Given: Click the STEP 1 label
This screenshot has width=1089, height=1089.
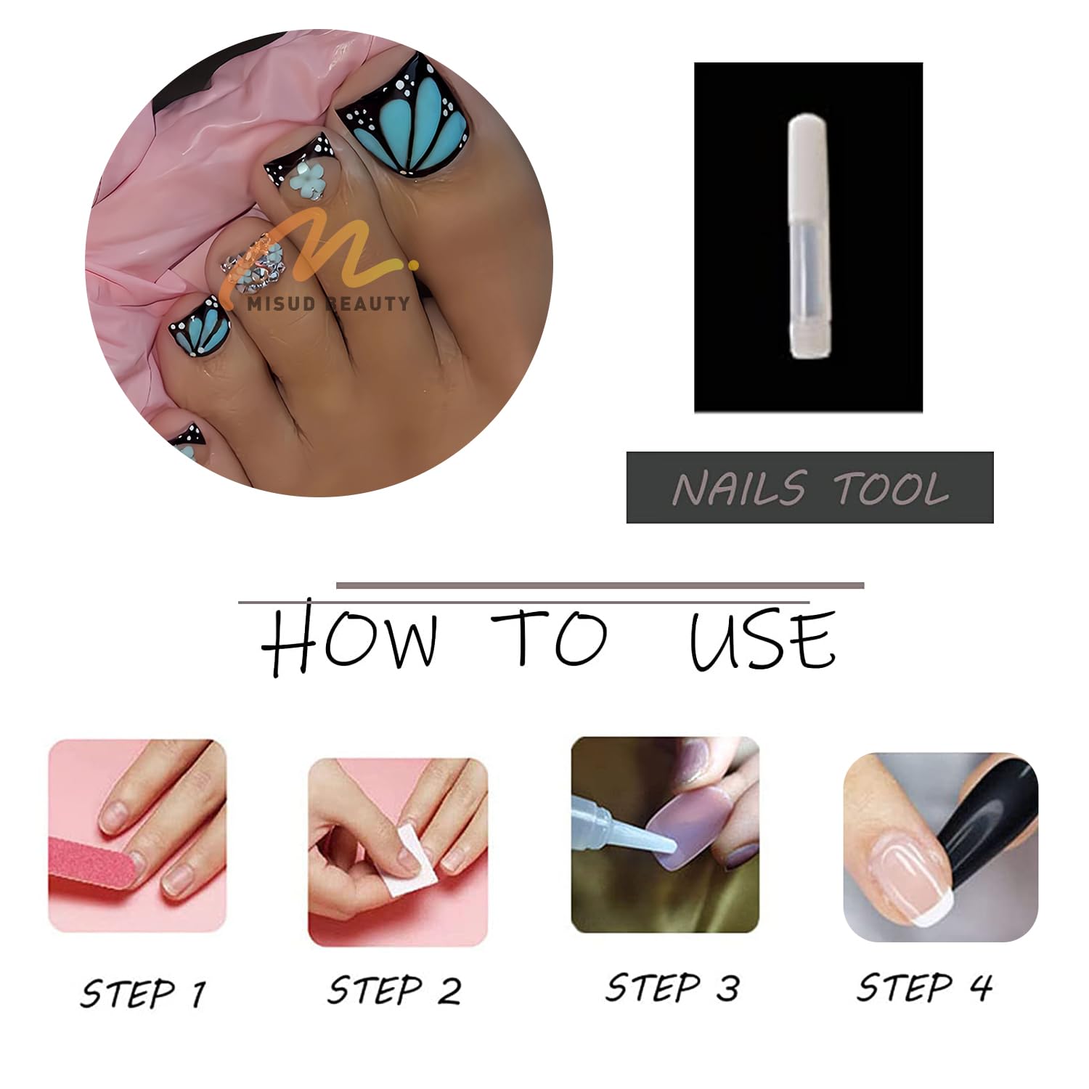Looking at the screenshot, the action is click(144, 992).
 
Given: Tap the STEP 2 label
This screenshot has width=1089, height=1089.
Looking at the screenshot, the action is click(394, 990).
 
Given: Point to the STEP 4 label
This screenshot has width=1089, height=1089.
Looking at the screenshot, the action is click(925, 987).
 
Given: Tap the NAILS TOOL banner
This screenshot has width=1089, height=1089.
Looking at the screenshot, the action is click(809, 487).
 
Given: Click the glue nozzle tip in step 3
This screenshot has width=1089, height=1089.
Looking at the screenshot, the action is click(672, 847).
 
